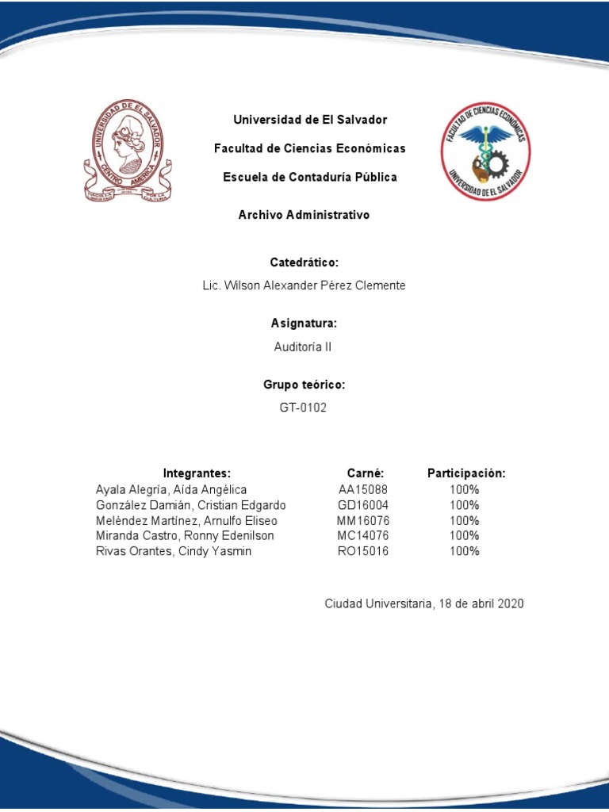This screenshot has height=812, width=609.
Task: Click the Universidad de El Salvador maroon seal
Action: coord(128,151)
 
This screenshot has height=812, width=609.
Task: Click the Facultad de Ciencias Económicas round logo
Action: coord(486,151)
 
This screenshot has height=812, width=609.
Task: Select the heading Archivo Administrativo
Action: coord(304,215)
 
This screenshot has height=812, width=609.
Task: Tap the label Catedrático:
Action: coord(304,262)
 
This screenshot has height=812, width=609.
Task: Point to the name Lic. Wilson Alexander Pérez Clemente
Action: coord(304,285)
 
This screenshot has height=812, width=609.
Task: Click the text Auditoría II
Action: coord(304,347)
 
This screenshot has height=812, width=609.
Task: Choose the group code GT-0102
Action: coord(304,408)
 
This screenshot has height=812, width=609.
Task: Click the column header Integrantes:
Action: coord(197,473)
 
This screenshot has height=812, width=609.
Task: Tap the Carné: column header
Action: coord(366,473)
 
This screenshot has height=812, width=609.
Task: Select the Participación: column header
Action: coord(466,473)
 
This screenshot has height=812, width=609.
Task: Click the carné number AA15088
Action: coord(363,490)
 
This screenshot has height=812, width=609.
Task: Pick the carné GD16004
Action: coord(363,505)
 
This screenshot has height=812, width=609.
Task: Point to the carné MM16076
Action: coord(363,521)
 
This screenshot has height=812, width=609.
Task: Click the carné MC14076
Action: coord(363,536)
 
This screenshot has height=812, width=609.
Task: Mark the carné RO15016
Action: coord(363,551)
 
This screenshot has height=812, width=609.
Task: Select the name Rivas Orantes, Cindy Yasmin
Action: coord(174,551)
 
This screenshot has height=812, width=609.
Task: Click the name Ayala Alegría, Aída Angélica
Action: coord(171,490)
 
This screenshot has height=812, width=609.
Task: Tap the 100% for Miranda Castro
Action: coord(465,536)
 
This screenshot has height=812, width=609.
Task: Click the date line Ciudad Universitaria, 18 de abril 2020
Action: coord(424,604)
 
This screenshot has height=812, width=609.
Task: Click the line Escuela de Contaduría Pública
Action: coord(310,178)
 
